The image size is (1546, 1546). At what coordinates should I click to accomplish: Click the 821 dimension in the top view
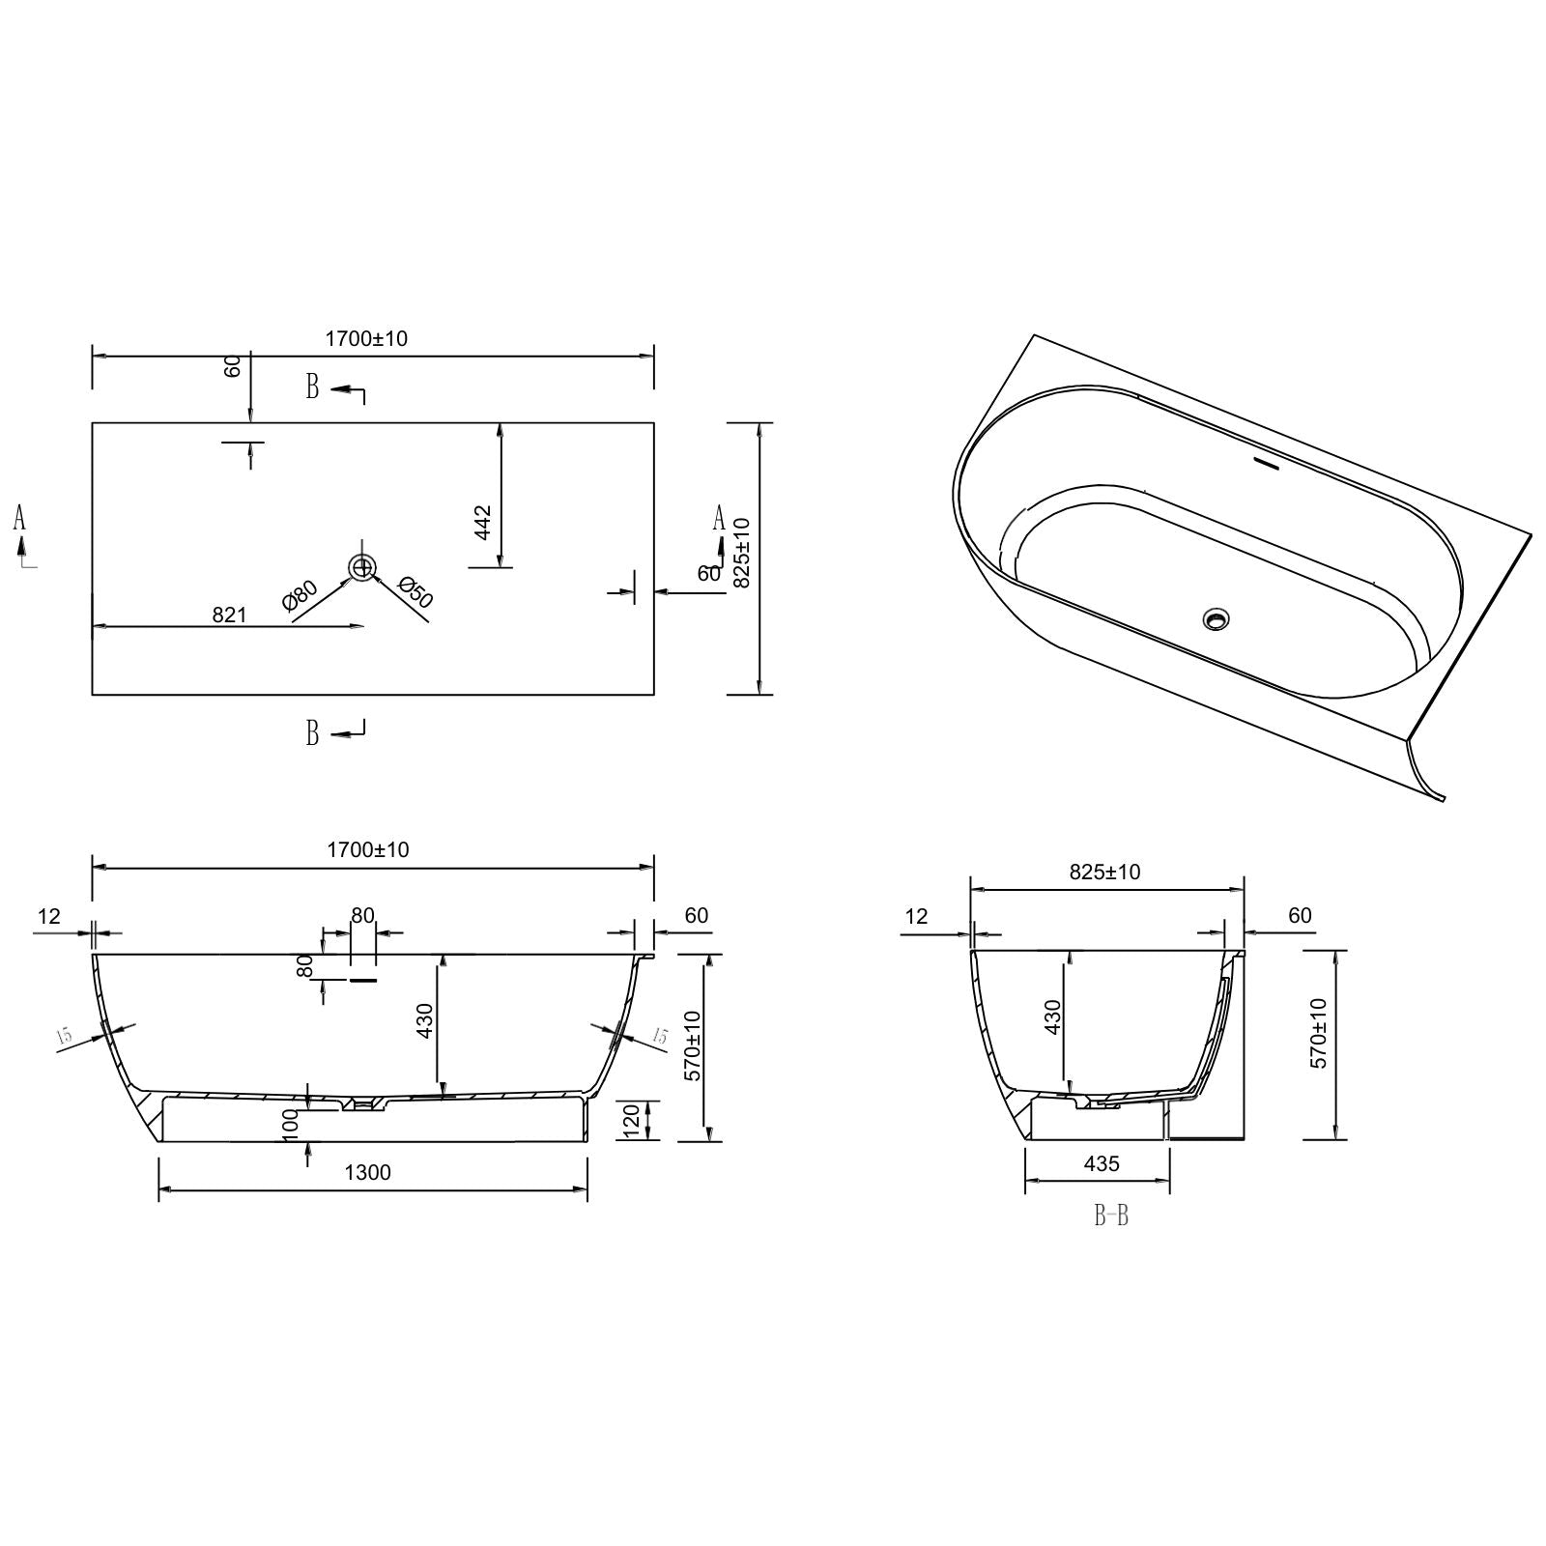pyautogui.click(x=229, y=615)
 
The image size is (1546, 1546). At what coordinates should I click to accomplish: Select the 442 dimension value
pyautogui.click(x=484, y=523)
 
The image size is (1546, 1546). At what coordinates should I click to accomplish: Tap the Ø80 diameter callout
pyautogui.click(x=301, y=595)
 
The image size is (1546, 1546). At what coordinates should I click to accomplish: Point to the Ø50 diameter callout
pyautogui.click(x=415, y=592)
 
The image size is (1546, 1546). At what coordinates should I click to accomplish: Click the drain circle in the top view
pyautogui.click(x=362, y=567)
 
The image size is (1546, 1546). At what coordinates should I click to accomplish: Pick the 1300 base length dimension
pyautogui.click(x=367, y=1173)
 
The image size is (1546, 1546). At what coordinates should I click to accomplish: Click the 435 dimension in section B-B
pyautogui.click(x=1102, y=1164)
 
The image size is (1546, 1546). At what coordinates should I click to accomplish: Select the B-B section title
pyautogui.click(x=1110, y=1216)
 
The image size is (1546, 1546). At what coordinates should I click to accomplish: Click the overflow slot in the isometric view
pyautogui.click(x=1266, y=465)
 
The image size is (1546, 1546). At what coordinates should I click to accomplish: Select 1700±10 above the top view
pyautogui.click(x=366, y=339)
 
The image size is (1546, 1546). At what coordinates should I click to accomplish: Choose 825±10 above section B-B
pyautogui.click(x=1104, y=872)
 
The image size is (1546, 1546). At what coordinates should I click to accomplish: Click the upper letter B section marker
pyautogui.click(x=313, y=387)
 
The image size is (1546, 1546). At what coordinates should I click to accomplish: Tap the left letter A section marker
pyautogui.click(x=19, y=519)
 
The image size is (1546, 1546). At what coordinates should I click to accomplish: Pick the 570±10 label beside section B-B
pyautogui.click(x=1320, y=1033)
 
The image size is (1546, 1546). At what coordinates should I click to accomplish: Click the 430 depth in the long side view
pyautogui.click(x=425, y=1021)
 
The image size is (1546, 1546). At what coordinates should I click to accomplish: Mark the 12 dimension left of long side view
pyautogui.click(x=48, y=915)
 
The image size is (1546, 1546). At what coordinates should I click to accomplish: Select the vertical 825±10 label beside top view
pyautogui.click(x=742, y=553)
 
